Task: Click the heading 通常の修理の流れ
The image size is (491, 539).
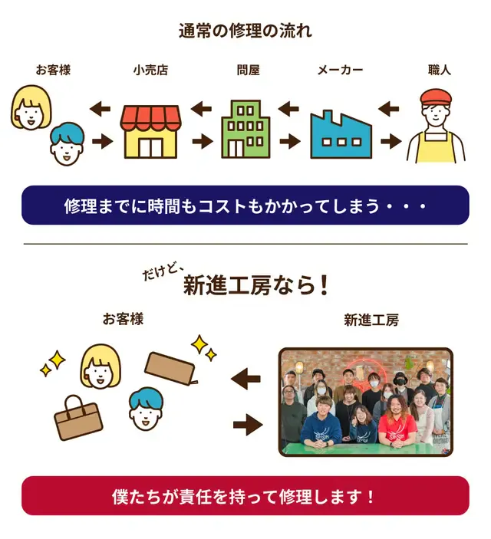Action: (245, 31)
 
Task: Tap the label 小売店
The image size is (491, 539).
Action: (150, 71)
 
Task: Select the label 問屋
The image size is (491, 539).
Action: (248, 71)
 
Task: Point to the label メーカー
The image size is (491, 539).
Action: (340, 71)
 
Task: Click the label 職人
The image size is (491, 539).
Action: (440, 71)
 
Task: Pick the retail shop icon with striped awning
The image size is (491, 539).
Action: (150, 131)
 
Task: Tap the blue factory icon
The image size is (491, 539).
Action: (341, 134)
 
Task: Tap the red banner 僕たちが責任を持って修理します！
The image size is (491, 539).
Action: (245, 495)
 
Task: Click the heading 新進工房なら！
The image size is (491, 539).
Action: (257, 286)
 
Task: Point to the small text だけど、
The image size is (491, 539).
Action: (163, 271)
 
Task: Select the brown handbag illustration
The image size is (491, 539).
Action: (78, 418)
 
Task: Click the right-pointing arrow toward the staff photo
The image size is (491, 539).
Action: (246, 422)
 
